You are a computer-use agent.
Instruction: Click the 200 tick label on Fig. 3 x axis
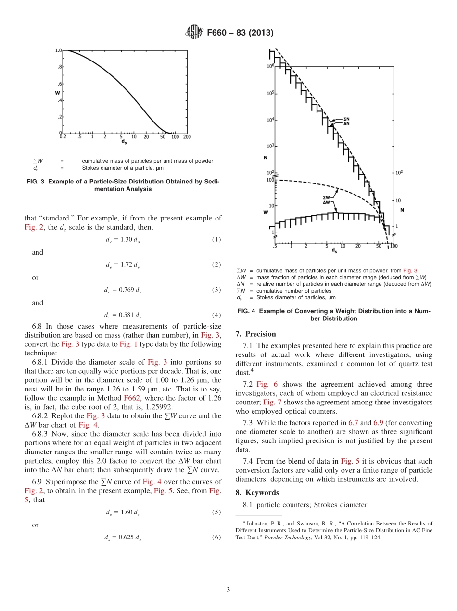(x=187, y=137)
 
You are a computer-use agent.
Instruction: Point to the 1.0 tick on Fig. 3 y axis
(x=58, y=50)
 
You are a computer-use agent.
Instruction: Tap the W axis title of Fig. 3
(x=58, y=92)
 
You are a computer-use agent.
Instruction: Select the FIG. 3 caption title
(x=123, y=185)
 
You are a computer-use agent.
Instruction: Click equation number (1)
(x=216, y=239)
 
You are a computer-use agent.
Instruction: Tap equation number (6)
(x=216, y=538)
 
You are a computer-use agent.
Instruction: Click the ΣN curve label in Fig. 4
(x=346, y=118)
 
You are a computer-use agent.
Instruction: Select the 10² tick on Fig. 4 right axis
(x=399, y=172)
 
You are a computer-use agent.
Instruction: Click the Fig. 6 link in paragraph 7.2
(x=264, y=384)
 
